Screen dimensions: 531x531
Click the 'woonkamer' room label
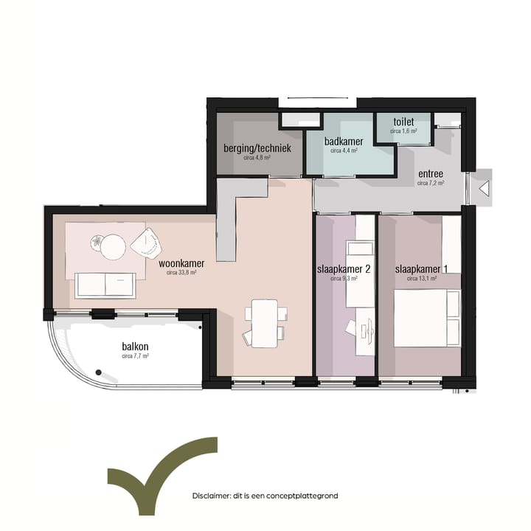click(181, 263)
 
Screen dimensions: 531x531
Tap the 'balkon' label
click(135, 346)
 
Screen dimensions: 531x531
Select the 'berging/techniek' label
click(257, 148)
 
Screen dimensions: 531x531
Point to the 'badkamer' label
click(344, 141)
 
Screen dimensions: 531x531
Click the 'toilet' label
click(403, 122)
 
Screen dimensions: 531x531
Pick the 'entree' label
click(431, 174)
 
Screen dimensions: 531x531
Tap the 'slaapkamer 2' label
click(343, 269)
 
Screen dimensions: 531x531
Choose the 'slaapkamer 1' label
click(421, 269)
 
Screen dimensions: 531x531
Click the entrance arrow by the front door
click(485, 189)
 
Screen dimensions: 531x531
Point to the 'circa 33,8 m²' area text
click(181, 272)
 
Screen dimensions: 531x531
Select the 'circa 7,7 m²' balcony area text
click(135, 355)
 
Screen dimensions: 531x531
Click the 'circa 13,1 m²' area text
click(421, 279)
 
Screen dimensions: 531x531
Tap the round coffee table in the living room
click(114, 247)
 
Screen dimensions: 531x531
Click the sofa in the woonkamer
click(105, 284)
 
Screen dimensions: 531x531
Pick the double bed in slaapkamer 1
click(427, 317)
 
